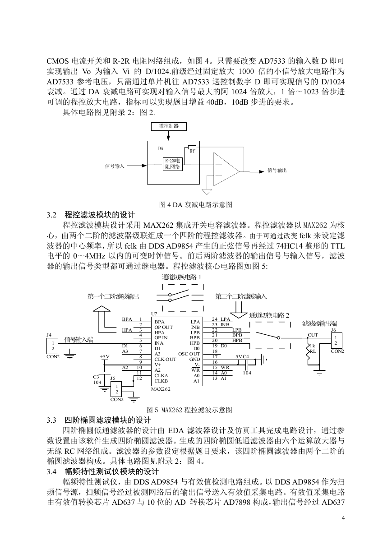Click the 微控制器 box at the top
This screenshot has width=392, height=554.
click(x=169, y=126)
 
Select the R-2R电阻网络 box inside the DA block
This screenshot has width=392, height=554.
click(x=173, y=164)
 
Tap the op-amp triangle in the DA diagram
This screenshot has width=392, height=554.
click(x=226, y=169)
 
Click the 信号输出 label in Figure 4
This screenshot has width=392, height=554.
click(x=277, y=171)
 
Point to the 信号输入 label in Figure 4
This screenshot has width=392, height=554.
click(x=115, y=166)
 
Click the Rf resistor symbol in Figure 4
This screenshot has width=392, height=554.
click(x=192, y=148)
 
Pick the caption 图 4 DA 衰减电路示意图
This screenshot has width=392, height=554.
click(x=196, y=204)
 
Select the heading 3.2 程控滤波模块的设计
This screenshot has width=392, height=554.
click(x=91, y=215)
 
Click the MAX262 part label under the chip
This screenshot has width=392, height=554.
click(x=161, y=389)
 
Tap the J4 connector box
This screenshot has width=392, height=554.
click(x=53, y=346)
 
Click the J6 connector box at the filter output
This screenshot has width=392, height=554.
click(x=337, y=341)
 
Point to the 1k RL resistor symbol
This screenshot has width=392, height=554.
click(x=308, y=351)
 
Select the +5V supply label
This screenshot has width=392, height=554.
click(x=105, y=357)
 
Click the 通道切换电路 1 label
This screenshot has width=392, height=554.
click(x=181, y=277)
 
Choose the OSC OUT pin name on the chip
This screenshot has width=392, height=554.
click(x=189, y=354)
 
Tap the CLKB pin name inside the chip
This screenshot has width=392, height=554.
click(x=161, y=381)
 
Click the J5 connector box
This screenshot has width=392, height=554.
click(x=116, y=389)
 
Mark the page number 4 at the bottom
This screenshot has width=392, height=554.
click(x=343, y=517)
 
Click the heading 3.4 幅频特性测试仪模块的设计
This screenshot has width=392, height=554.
click(x=103, y=471)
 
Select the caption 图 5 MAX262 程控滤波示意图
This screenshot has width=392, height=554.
click(x=189, y=410)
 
